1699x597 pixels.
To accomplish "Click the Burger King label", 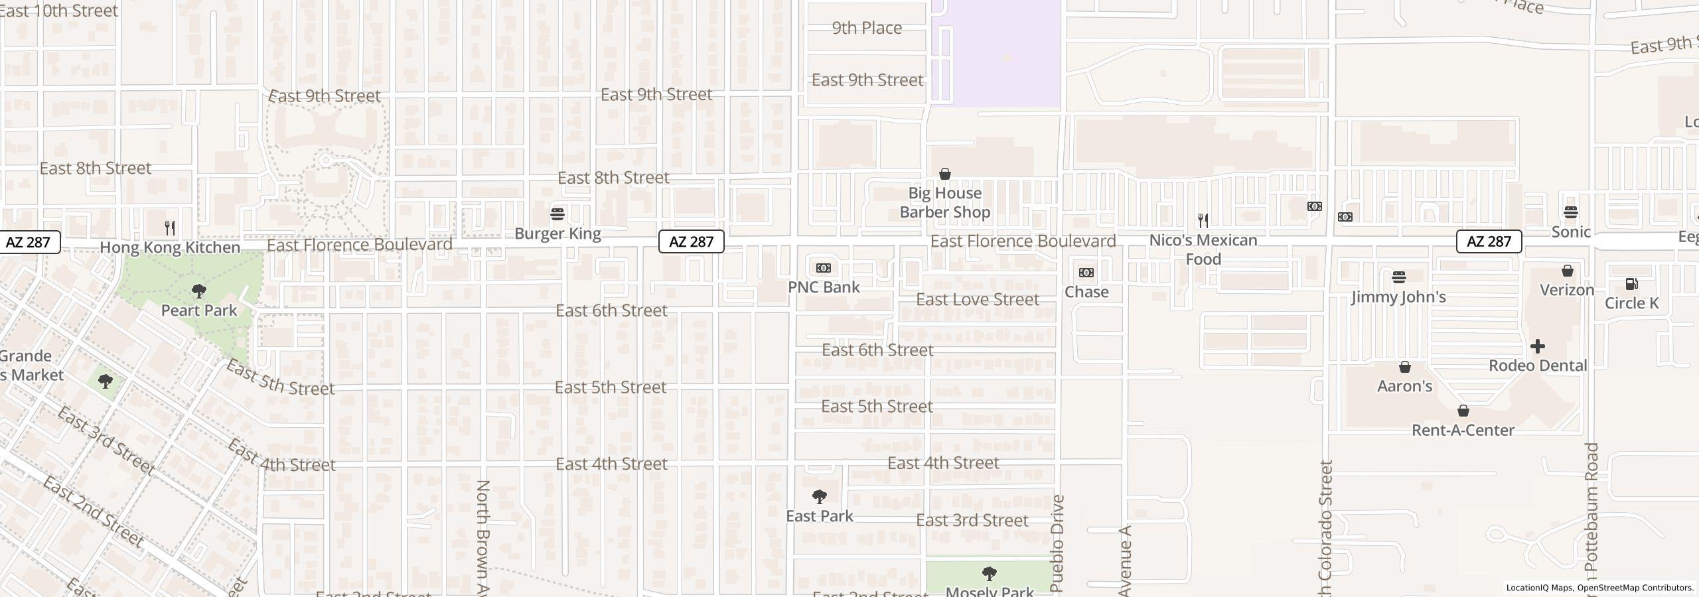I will [x=557, y=233].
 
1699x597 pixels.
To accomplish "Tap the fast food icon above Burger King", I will [x=557, y=214].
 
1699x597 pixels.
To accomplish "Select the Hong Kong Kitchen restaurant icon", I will [x=170, y=228].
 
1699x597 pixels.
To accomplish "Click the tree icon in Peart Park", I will [x=198, y=291].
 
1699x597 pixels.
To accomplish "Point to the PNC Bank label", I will [x=824, y=287].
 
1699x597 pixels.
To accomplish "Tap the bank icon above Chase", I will [x=1086, y=273].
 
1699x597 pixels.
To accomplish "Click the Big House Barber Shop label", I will [x=944, y=202].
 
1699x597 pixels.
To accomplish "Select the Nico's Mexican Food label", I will [x=1203, y=249].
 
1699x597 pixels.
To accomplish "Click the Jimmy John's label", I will [x=1398, y=297].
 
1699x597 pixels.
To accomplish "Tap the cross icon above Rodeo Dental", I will [x=1537, y=346].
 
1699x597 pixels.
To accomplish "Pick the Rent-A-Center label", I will [x=1463, y=430].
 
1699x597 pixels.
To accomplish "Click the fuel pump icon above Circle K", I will [x=1631, y=284].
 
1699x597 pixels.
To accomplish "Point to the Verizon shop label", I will [x=1566, y=290].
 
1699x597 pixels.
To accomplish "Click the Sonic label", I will [x=1570, y=232].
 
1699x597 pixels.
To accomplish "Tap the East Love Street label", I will [x=977, y=299].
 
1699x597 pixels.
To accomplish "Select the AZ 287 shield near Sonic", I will [x=1488, y=241].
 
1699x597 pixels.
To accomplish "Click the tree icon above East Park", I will [x=820, y=497].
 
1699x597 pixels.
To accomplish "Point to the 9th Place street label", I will [x=867, y=28].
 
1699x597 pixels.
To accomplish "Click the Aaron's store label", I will [x=1404, y=386].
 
